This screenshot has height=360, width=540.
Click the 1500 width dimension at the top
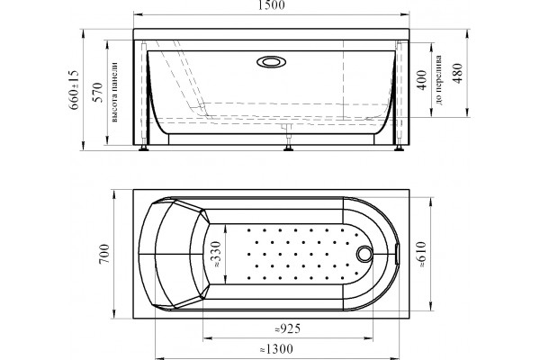click(272, 4)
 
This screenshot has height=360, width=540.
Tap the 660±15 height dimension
click(74, 90)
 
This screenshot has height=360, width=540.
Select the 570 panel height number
click(98, 92)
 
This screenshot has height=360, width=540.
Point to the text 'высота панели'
click(114, 92)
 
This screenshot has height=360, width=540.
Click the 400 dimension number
click(422, 80)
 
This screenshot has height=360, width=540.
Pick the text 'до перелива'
click(439, 80)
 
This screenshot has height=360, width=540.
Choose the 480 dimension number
click(458, 73)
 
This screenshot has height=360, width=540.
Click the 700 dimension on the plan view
click(104, 254)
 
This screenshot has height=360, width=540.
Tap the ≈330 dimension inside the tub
click(216, 254)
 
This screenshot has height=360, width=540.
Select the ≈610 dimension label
click(421, 255)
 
